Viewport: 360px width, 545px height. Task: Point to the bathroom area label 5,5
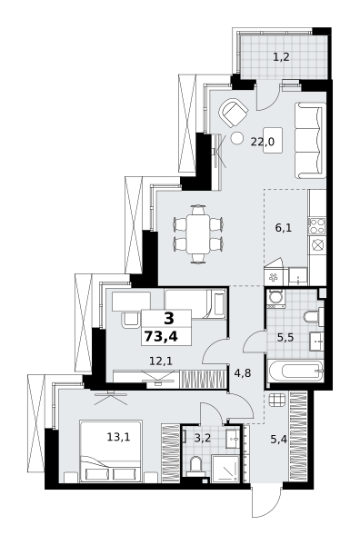coord(284,337)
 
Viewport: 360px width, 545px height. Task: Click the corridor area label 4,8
coord(243,372)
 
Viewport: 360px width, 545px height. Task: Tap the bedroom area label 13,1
coord(117,437)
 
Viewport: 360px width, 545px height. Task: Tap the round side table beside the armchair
coord(236,139)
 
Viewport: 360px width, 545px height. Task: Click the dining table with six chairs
coord(196,233)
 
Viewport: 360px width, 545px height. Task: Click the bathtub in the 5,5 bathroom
coord(295,371)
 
